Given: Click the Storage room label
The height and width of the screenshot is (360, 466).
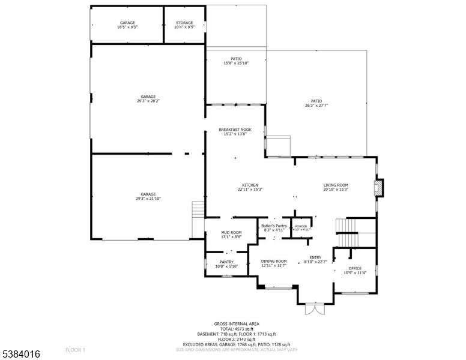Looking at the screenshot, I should (x=184, y=23).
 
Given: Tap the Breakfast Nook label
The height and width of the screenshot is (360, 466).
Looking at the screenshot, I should (x=235, y=130).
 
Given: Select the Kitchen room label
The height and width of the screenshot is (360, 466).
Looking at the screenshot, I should (x=250, y=185).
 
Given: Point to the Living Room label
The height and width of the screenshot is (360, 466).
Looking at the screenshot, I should (x=336, y=185).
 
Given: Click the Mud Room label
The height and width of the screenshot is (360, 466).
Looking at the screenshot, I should (x=231, y=232).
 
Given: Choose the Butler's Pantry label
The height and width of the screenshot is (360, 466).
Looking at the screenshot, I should (x=274, y=226).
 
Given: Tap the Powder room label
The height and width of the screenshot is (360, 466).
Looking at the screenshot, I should (x=300, y=226).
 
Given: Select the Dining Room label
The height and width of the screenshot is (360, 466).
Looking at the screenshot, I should (x=273, y=261).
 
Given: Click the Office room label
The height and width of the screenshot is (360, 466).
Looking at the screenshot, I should (x=355, y=268).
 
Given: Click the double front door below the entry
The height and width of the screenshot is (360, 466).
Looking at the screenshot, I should (x=315, y=310).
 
